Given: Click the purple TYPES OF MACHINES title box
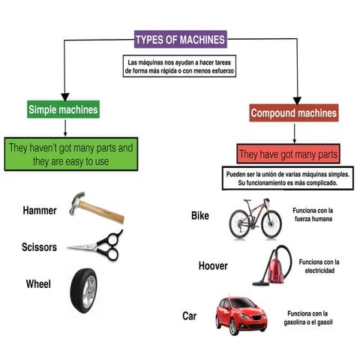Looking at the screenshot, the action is (181, 39).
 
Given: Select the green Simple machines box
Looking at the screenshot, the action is (63, 109).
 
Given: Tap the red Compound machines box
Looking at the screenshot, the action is (294, 112).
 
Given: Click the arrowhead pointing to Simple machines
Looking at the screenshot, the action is (65, 97).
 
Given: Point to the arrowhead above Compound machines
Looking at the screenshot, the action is (297, 100).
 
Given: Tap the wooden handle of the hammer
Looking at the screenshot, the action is (103, 212).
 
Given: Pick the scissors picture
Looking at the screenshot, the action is (96, 245).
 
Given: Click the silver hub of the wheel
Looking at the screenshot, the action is (89, 292).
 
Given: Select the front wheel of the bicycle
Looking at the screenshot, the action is (271, 224).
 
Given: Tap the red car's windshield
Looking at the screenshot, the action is (243, 303).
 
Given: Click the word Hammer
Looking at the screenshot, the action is (40, 210).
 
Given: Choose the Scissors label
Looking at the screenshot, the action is (39, 247).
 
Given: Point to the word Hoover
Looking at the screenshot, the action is (213, 265).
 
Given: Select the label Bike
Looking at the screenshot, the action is (200, 215).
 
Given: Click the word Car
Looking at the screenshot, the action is (189, 316).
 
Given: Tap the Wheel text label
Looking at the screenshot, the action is (38, 284).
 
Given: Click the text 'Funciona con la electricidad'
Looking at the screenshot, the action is (319, 266).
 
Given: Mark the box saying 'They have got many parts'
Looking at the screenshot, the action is (288, 154).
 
